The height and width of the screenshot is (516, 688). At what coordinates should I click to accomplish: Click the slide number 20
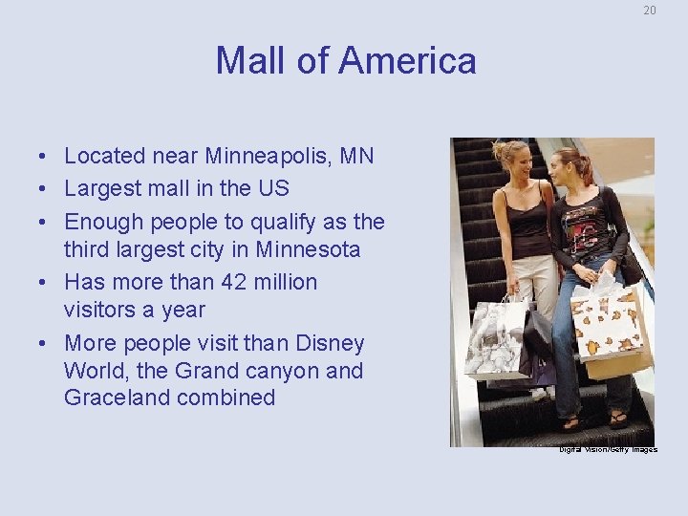pos(650,11)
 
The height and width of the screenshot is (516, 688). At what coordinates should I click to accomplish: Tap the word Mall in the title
pos(249,61)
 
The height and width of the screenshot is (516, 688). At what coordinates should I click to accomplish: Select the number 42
pos(229,282)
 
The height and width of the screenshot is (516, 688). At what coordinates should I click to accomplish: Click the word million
pos(284,282)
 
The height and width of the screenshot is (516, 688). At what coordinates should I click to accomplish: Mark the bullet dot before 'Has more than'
pos(45,283)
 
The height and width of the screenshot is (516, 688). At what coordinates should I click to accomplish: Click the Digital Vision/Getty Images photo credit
pos(608,449)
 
